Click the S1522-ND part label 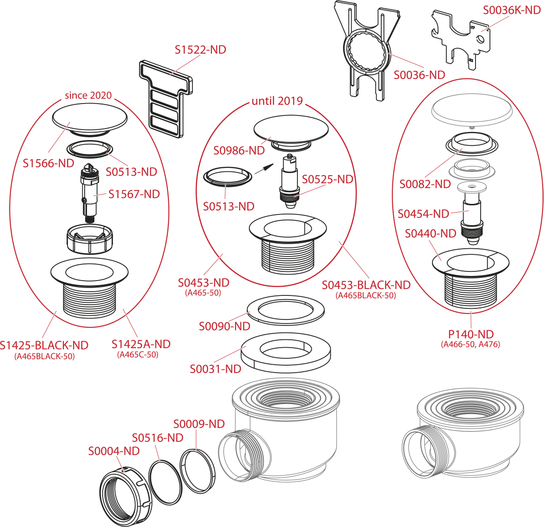tap(200, 50)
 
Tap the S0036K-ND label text tap(512, 10)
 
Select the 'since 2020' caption tap(88, 95)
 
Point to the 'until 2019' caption tap(277, 101)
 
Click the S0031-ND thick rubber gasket tap(285, 354)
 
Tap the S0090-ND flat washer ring tap(285, 310)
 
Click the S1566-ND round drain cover tap(90, 121)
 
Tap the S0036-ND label tap(419, 75)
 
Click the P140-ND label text tap(471, 334)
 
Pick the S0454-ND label tap(423, 214)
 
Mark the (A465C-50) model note tap(138, 354)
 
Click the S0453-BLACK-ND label tap(366, 285)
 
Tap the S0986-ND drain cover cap tap(291, 132)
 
